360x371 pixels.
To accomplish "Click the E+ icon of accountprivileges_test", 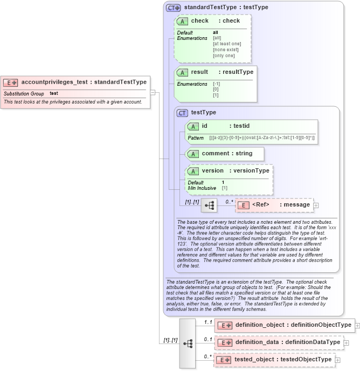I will coord(11,83).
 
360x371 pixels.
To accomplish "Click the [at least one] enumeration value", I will coord(227,44).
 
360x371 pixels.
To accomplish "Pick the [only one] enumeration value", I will coord(224,56).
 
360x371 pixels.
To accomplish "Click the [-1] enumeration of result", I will coord(216,84).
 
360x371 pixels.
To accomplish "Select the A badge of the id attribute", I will coord(193,126).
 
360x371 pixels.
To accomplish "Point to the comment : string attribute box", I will coord(224,154).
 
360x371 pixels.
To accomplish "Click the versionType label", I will coord(249,170).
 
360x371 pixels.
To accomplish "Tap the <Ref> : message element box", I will coord(273,205).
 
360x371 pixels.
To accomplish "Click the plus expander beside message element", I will coord(316,205).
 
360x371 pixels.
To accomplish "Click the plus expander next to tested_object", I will coord(337,360).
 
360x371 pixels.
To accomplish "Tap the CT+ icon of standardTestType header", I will coord(173,8).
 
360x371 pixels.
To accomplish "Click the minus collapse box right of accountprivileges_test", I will coord(153,92).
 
